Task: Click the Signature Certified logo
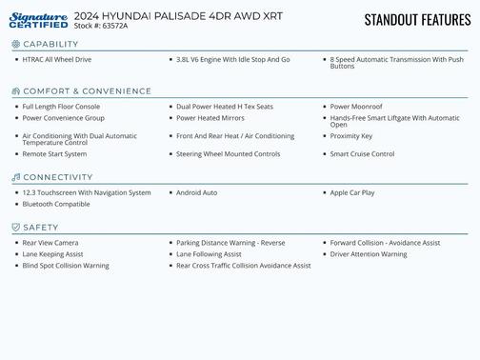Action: (x=38, y=19)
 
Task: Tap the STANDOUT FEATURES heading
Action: (x=416, y=19)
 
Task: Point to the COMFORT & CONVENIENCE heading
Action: (x=87, y=91)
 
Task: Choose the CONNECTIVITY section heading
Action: (x=58, y=177)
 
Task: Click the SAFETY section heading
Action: (x=41, y=227)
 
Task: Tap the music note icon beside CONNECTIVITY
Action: (x=16, y=177)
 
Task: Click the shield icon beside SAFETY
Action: (x=16, y=227)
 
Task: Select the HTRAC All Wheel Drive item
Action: (x=57, y=59)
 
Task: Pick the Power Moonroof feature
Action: (x=358, y=107)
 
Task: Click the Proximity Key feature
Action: (x=351, y=136)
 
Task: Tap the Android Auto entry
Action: (x=197, y=192)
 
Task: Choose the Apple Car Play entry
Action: (x=352, y=192)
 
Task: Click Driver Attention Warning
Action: (x=369, y=254)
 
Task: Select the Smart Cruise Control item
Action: (x=362, y=153)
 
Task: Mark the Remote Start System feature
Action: (x=54, y=153)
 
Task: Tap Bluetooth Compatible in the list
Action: (x=56, y=204)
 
